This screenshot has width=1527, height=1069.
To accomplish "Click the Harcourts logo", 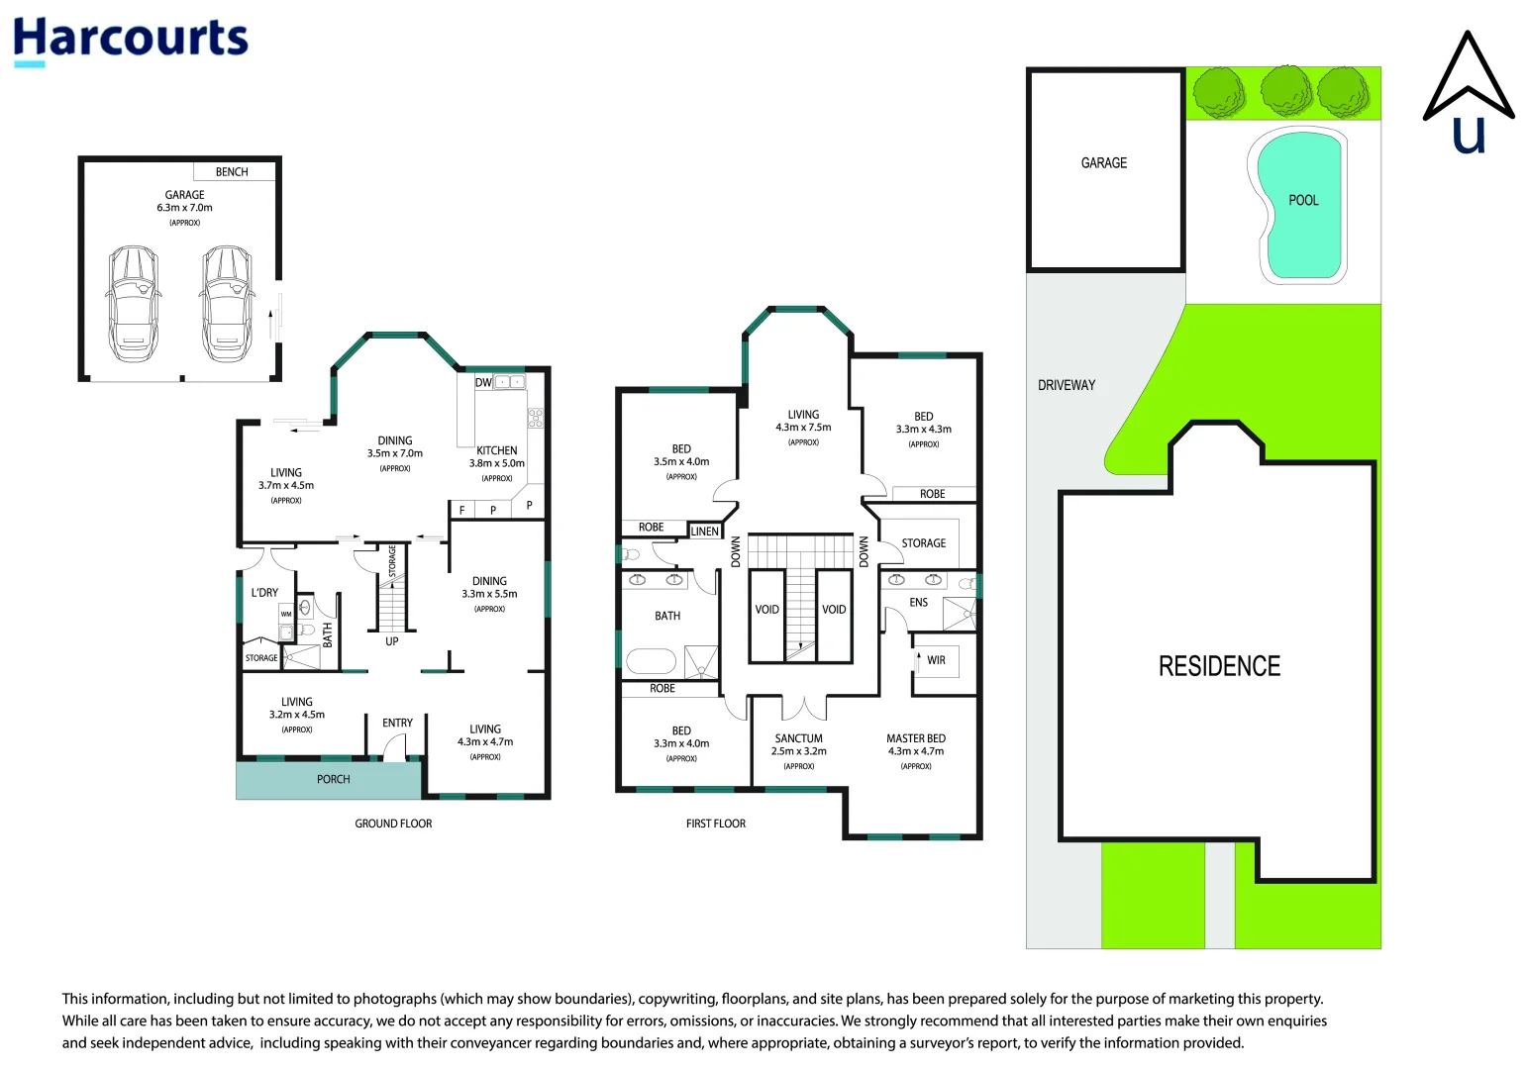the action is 130,41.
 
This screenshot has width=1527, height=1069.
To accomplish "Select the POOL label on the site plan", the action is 1303,200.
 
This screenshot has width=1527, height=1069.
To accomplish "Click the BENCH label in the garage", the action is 232,171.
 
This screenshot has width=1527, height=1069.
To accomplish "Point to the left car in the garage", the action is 134,304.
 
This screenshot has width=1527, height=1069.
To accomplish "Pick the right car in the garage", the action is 227,304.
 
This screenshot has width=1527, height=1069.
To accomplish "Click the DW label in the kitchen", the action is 483,382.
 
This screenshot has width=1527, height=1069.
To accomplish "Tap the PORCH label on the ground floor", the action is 334,779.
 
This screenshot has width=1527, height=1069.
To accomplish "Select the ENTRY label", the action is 397,723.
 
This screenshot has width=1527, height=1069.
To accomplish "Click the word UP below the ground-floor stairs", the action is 392,641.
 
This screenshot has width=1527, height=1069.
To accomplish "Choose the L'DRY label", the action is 264,592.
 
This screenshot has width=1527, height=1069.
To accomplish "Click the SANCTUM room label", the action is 799,738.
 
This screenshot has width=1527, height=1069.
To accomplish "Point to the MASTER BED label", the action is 916,738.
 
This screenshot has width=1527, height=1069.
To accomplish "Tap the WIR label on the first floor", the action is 936,660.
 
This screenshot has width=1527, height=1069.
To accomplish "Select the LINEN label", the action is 705,532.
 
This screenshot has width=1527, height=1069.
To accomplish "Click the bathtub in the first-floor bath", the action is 651,661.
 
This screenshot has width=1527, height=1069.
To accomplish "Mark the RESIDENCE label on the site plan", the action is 1220,666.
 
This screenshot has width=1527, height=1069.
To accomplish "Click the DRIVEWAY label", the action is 1067,385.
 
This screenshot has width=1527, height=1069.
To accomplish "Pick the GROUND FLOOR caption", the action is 393,824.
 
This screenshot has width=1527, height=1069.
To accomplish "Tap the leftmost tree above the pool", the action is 1220,92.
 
